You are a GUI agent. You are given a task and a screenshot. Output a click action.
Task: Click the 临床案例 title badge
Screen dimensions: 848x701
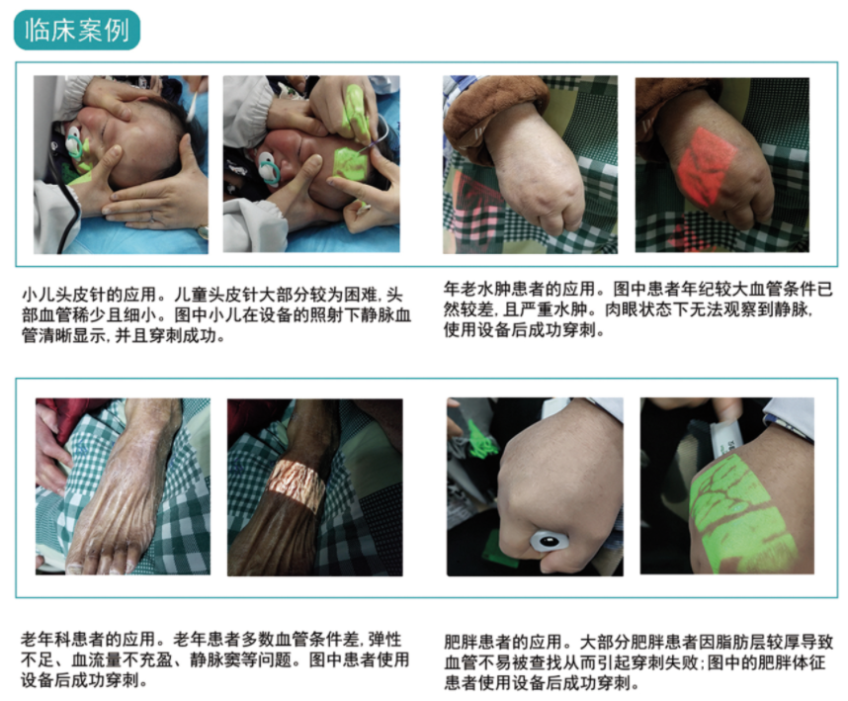pos(77,30)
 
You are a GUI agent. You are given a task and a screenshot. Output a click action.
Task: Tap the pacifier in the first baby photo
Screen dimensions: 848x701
pos(75,144)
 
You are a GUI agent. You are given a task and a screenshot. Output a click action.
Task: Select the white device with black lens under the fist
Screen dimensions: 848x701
pos(550,541)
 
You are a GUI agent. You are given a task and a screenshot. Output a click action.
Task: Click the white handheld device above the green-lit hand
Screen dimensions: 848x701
pos(724,434)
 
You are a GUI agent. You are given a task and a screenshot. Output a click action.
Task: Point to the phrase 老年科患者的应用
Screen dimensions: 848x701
pos(88,640)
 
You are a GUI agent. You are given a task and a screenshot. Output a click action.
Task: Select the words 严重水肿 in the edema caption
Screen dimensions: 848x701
pos(562,309)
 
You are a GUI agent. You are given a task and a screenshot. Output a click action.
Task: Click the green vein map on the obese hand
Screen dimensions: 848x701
pos(743,514)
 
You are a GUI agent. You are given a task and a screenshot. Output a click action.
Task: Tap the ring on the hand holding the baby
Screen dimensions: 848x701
pos(152,218)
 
